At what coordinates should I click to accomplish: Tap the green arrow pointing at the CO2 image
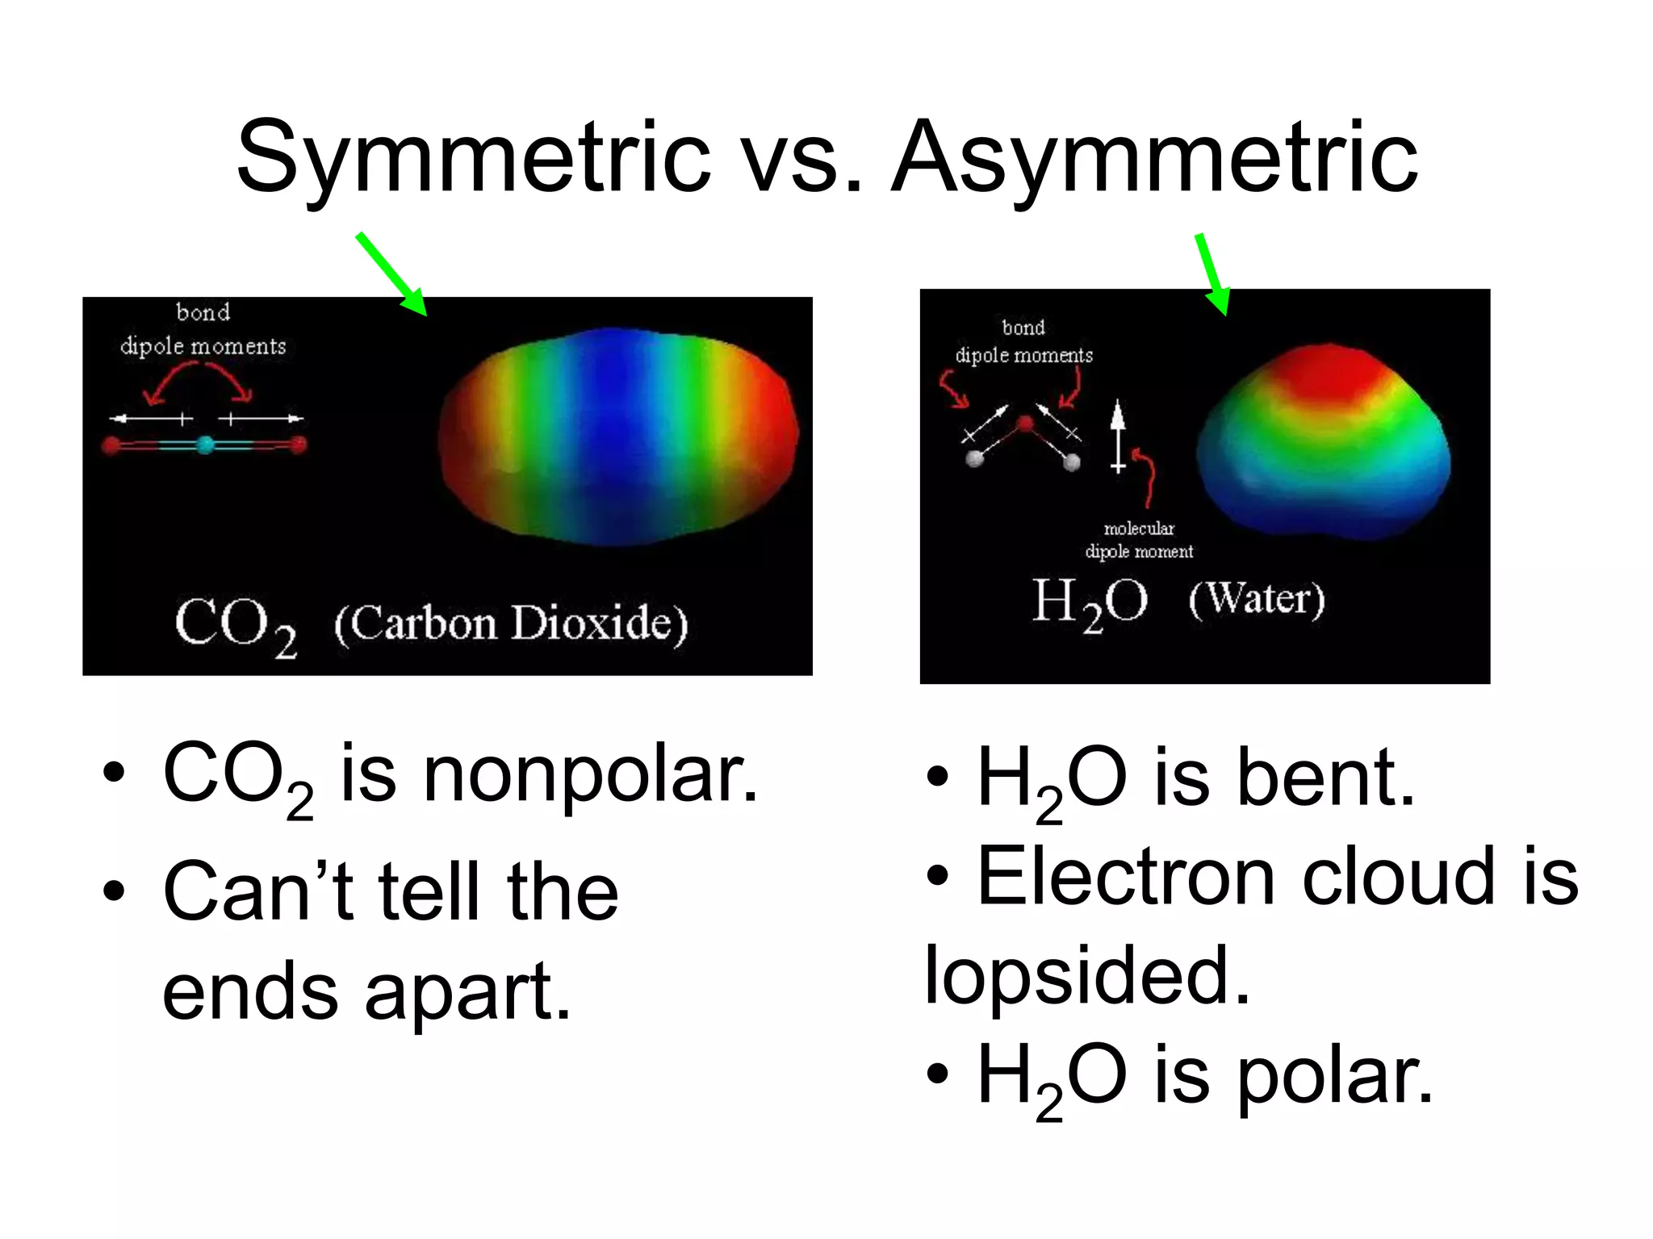click(391, 274)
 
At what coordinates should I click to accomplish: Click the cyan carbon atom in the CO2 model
click(206, 444)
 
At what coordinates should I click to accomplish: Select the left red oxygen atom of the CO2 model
click(112, 445)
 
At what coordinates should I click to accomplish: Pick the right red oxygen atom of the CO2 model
click(298, 444)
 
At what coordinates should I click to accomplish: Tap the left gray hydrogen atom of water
click(975, 459)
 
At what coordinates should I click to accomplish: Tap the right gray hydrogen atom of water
click(1072, 461)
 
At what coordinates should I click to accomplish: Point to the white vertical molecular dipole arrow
click(1118, 436)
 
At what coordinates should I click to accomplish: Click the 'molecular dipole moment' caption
click(1139, 540)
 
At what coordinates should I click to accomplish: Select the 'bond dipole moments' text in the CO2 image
click(203, 329)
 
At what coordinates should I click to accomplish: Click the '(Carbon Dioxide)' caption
click(511, 624)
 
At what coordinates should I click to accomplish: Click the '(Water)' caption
click(1257, 599)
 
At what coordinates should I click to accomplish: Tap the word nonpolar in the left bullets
click(590, 774)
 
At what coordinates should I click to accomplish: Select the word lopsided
click(1086, 976)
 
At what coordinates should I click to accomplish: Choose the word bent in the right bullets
click(1325, 778)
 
